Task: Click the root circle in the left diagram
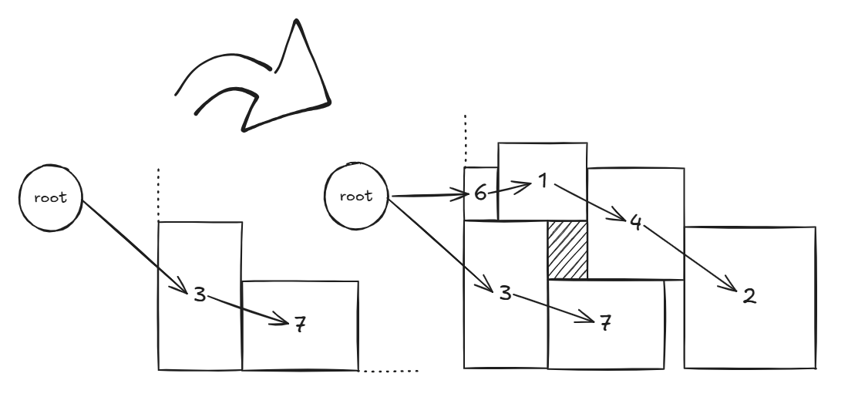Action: (52, 197)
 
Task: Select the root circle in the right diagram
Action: (356, 196)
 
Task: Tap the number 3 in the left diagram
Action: (200, 294)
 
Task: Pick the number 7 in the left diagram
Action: (300, 325)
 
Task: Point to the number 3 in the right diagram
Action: (505, 293)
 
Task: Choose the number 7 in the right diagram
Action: (605, 322)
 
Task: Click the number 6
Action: (480, 193)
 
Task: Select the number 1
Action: (543, 183)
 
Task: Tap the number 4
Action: (635, 223)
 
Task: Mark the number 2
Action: (747, 296)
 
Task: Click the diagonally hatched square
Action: (567, 250)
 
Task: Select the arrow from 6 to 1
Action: (510, 187)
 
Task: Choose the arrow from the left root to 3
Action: (135, 247)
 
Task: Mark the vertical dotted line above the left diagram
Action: (158, 192)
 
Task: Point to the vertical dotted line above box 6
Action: (465, 139)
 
